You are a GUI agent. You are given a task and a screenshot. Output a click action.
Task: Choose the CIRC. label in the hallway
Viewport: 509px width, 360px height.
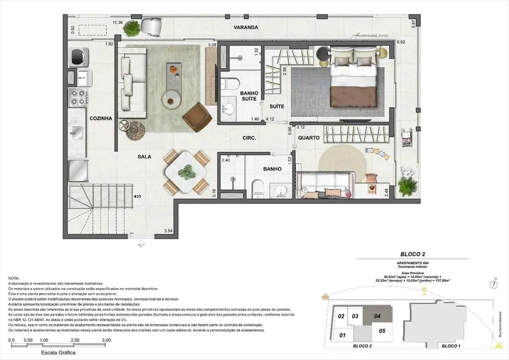click(248, 138)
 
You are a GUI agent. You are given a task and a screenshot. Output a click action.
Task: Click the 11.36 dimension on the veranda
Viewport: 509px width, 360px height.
click(117, 23)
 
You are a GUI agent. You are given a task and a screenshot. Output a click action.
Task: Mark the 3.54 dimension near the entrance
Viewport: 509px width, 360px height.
click(168, 231)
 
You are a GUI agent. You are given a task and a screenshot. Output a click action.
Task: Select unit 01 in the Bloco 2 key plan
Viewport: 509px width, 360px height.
click(342, 335)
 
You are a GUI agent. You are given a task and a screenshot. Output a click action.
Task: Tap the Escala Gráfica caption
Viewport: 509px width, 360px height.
click(58, 352)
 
